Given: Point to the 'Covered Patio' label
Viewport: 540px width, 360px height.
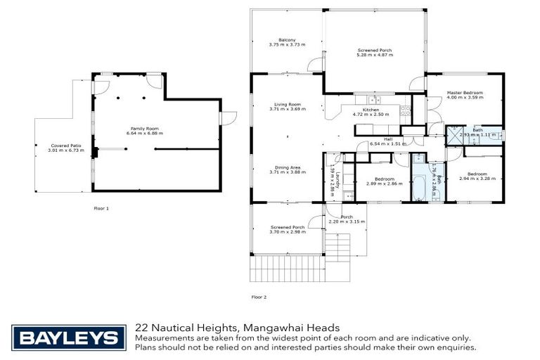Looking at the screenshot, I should [x=64, y=146].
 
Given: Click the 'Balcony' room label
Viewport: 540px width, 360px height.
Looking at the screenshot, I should [x=286, y=39].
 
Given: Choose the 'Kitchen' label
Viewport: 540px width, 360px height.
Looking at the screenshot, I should [x=371, y=110].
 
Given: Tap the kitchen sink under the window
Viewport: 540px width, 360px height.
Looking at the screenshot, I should [x=367, y=100].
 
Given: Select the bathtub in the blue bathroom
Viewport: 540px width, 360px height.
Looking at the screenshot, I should [x=420, y=186].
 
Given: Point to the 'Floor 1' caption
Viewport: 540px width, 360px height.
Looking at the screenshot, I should [x=101, y=208].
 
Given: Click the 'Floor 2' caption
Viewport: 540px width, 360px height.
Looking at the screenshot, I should [x=259, y=297].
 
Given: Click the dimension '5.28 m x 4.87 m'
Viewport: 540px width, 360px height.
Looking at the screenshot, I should [x=374, y=55].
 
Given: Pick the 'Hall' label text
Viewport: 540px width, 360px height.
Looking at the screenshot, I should [x=387, y=140].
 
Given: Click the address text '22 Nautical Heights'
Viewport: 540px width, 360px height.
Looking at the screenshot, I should [x=185, y=328].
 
